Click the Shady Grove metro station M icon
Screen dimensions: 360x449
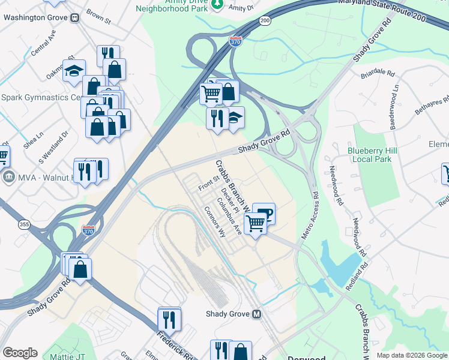pos(257,314)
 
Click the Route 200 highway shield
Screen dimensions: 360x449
pos(265,20)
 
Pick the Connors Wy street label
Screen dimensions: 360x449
pos(214,223)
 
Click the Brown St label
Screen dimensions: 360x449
pos(99,16)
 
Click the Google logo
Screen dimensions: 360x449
pos(20,353)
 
